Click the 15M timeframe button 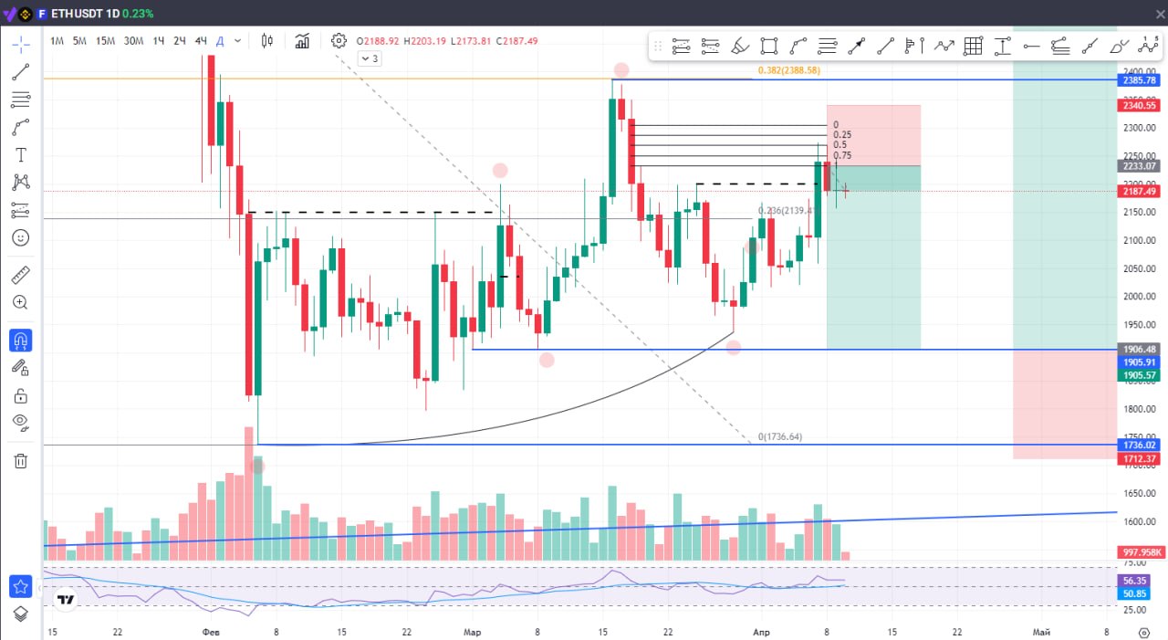(105, 40)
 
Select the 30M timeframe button (133, 40)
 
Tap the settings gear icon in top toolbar (339, 40)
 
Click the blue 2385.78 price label (1140, 80)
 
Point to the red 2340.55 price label (1140, 106)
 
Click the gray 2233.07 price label (1140, 166)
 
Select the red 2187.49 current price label (1140, 191)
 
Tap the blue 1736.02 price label (1140, 445)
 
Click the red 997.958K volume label (1140, 552)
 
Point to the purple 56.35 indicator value (1134, 581)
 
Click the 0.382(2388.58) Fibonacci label (788, 70)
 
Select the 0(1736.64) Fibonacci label (780, 436)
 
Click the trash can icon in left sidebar (20, 461)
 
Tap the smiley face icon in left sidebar (20, 237)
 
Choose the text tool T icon (20, 155)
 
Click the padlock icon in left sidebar (20, 396)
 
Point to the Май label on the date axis (1039, 632)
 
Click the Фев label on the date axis (211, 632)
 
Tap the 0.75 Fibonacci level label (842, 156)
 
